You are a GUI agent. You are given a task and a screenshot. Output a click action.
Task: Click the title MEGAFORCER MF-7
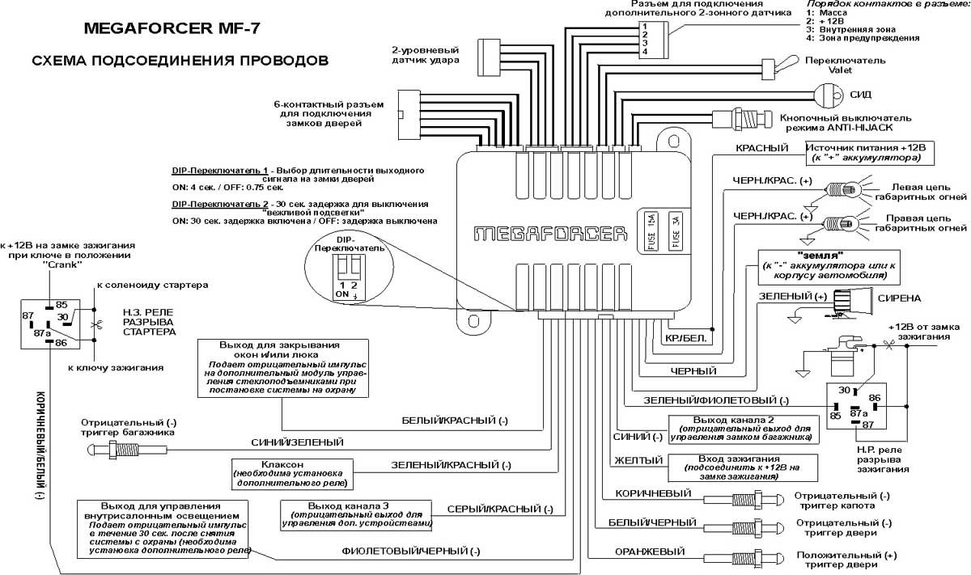172,31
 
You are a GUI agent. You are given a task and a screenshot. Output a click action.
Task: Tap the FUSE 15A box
651,232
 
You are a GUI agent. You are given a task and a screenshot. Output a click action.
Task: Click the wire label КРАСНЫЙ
761,148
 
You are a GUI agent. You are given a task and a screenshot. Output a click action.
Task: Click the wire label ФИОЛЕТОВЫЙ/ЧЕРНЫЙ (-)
411,552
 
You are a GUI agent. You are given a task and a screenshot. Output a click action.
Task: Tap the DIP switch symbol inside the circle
349,264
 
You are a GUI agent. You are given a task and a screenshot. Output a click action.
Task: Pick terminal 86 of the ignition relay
874,398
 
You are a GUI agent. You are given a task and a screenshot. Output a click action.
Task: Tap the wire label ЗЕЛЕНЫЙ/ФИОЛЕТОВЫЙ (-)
715,401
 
